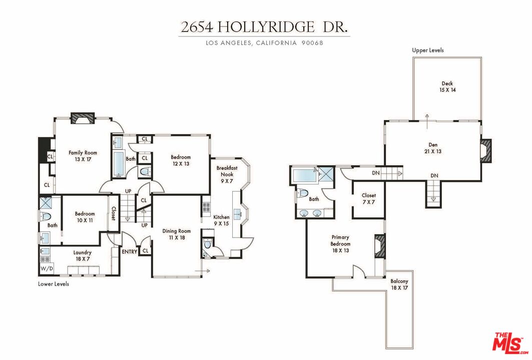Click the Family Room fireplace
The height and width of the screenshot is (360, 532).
coord(82,118)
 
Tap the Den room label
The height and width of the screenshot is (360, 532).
coord(433,148)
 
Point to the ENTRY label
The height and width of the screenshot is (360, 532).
coord(129,251)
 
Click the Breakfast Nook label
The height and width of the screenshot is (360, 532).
coord(225,174)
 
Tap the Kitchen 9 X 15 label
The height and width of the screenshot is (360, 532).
coord(221,220)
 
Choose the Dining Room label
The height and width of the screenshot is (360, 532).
coord(177,234)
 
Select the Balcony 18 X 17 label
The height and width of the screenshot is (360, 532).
coord(399,284)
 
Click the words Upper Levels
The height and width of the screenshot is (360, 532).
coord(428,50)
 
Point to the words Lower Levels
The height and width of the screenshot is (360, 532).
coord(54,284)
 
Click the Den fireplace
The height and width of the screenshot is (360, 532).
coord(486,150)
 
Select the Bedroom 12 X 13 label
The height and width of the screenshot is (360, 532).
coord(181,160)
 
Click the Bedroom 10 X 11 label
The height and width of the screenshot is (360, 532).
coord(85,217)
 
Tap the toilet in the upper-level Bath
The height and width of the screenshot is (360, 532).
coord(302,193)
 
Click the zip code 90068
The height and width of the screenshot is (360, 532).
coord(312,43)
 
